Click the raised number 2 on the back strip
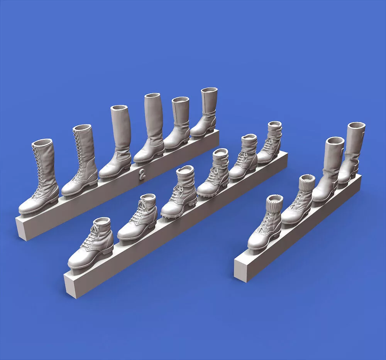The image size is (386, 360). pos(142,174)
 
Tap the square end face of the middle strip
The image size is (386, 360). pos(71,285)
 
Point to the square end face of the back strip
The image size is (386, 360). pos(22,228)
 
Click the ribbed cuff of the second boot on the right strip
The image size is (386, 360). pos(307,182)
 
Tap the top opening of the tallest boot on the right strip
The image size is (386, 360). pos(356,126)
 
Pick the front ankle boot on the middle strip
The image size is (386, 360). pos(91,242)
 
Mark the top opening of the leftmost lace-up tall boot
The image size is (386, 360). pos(42,143)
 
